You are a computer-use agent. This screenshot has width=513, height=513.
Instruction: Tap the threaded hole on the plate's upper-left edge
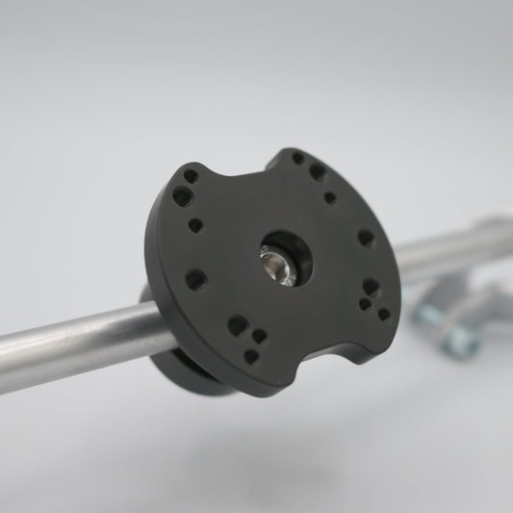click(x=179, y=195)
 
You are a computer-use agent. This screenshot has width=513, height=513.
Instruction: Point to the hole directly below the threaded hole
click(x=195, y=226)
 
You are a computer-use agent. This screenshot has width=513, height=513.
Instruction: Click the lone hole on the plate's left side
click(x=195, y=280)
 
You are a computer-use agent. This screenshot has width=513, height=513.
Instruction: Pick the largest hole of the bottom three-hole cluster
click(x=237, y=325)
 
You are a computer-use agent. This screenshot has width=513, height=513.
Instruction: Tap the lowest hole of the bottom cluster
click(x=251, y=355)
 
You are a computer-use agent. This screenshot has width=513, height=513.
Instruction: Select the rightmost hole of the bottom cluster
click(x=258, y=336)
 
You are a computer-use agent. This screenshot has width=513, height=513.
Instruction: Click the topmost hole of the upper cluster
click(x=297, y=158)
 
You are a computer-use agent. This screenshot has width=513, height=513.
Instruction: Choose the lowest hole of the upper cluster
click(x=330, y=197)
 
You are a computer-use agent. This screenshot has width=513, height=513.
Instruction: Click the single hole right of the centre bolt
click(x=366, y=237)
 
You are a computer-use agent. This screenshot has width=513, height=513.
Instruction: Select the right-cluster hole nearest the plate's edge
click(x=384, y=314)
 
